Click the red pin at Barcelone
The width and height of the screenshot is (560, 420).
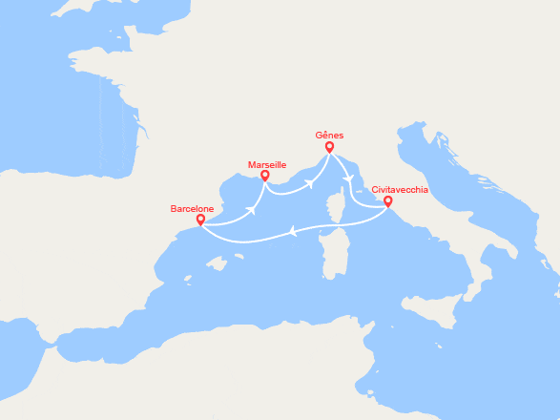point(200,220)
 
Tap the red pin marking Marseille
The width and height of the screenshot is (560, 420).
point(264,177)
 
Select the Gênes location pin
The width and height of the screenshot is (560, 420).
point(329,148)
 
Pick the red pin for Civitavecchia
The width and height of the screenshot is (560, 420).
point(387,201)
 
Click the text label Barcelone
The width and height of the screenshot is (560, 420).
point(192,208)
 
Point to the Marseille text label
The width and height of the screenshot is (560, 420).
point(267,164)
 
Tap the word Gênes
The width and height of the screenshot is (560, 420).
point(330,136)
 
